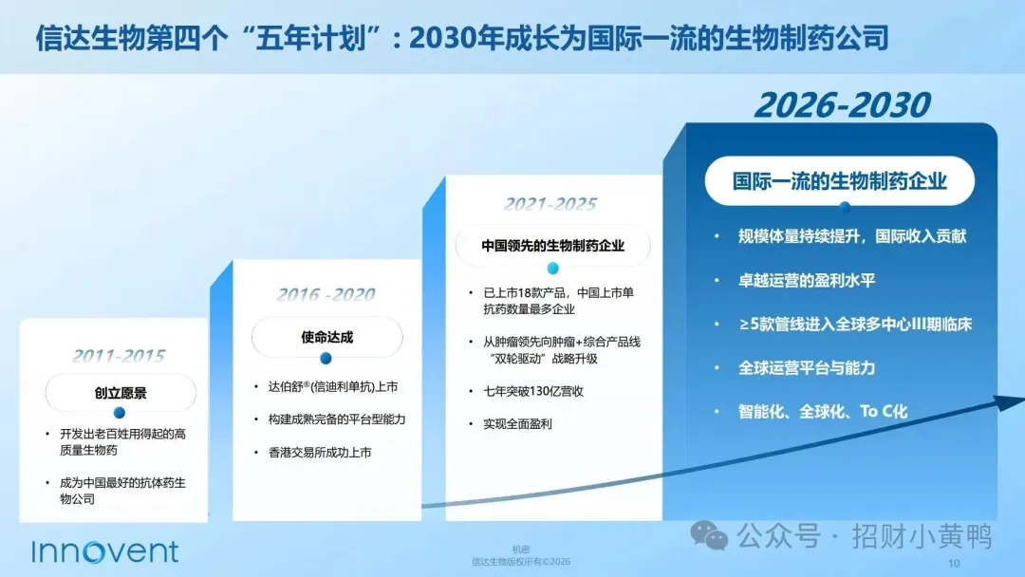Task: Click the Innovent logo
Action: [x=104, y=551]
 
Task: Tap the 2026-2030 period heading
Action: [x=842, y=105]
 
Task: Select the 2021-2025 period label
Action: [x=550, y=205]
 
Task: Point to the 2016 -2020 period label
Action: [x=326, y=295]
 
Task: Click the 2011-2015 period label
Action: [x=119, y=356]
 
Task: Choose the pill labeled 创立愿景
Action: [x=121, y=393]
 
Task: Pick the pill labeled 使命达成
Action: [x=326, y=337]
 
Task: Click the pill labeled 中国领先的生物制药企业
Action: [x=553, y=246]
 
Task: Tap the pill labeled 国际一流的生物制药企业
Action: [x=839, y=181]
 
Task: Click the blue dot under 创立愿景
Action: [x=119, y=413]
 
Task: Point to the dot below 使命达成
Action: [x=326, y=358]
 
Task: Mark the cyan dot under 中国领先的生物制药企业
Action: [x=553, y=268]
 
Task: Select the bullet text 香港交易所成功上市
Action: [x=320, y=452]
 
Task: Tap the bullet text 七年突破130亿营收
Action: [x=533, y=391]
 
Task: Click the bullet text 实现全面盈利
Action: [x=518, y=424]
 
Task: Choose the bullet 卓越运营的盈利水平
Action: [x=807, y=280]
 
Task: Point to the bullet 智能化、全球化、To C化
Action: [x=822, y=412]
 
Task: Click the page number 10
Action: [x=954, y=564]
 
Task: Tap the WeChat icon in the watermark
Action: [x=709, y=536]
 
